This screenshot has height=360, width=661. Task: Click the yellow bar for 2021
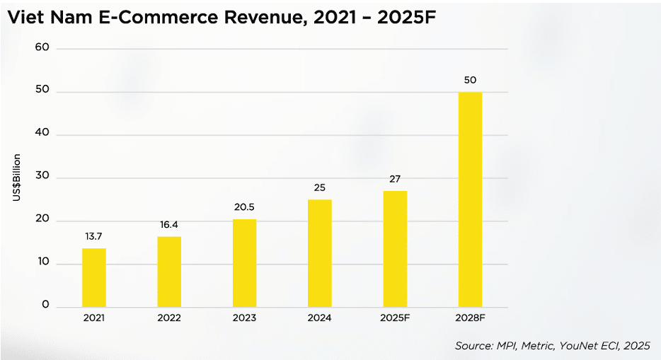coord(94,277)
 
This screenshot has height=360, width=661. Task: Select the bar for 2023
coord(244,262)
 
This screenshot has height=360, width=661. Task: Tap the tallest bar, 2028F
coord(470,199)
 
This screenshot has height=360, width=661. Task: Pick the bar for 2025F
coord(395,249)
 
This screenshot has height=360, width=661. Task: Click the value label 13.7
coord(94,236)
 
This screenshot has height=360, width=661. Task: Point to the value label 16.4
coord(169,224)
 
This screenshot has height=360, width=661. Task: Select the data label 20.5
coord(244,207)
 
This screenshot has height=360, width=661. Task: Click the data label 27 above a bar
coord(395,179)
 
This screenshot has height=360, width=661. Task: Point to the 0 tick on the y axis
coord(45,306)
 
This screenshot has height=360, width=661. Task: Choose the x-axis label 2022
coord(169,318)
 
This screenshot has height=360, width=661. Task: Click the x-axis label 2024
coord(319,318)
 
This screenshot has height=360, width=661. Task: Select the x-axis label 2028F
coord(470,318)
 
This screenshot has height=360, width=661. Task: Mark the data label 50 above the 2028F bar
coord(470,80)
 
